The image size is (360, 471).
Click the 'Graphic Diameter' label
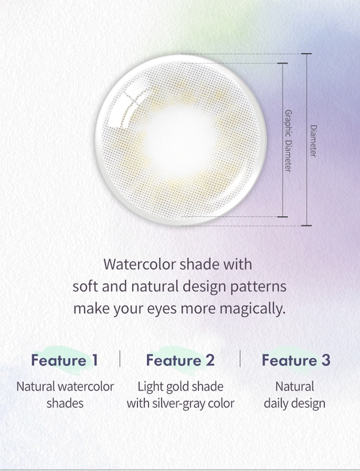point(288,141)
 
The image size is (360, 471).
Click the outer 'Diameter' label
point(313,141)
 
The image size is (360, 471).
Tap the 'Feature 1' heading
point(64,360)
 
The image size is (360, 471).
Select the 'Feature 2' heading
point(181,360)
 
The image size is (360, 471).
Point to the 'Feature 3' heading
point(296,360)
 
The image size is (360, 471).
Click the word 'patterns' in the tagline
point(258,287)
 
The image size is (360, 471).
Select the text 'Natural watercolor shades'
point(65,395)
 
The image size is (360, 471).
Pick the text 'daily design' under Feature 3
point(295,403)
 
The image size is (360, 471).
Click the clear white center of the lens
point(179,139)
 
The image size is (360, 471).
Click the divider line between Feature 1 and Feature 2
point(120,358)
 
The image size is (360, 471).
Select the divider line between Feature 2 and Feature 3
point(240,358)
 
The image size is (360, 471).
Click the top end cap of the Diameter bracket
point(307,54)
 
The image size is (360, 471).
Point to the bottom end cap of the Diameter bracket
point(307,225)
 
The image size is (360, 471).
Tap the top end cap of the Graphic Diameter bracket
point(283,63)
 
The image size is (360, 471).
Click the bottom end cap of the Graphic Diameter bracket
point(283,216)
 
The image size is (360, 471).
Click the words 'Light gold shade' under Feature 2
point(181,387)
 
